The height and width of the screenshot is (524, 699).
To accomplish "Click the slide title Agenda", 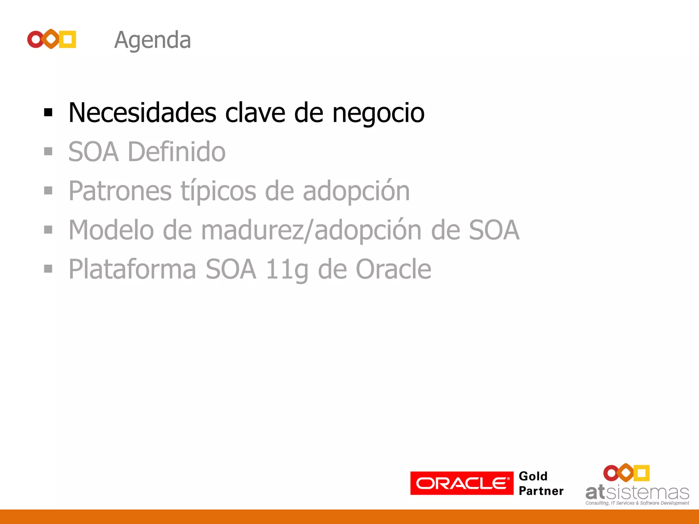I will [x=152, y=40].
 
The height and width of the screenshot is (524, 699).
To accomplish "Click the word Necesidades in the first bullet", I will [x=142, y=113].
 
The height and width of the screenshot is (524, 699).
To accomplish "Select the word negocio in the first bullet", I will [x=378, y=113].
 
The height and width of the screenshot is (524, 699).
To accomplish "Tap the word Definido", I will [x=176, y=152].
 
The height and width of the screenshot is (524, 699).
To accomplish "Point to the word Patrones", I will [x=120, y=191].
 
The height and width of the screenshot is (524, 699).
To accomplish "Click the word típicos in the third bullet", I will [x=218, y=191].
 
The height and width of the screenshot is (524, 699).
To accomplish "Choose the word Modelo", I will [x=111, y=230].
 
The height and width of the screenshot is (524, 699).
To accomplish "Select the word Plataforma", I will [x=132, y=270].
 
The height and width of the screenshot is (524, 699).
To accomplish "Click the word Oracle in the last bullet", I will [x=393, y=270].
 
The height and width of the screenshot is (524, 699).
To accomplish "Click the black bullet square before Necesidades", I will [x=48, y=112].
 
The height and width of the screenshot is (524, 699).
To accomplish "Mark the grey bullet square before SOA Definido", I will [x=48, y=151].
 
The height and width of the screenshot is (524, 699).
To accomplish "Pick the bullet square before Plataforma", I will [x=48, y=269].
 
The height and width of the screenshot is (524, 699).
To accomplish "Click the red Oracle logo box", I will [x=461, y=483].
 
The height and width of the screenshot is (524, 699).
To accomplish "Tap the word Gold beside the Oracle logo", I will [x=533, y=476].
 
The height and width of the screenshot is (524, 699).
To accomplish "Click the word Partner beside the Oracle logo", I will [x=541, y=491].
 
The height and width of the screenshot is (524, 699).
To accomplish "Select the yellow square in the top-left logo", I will [x=68, y=39].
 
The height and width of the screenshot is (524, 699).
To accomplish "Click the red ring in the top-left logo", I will [x=35, y=39].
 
